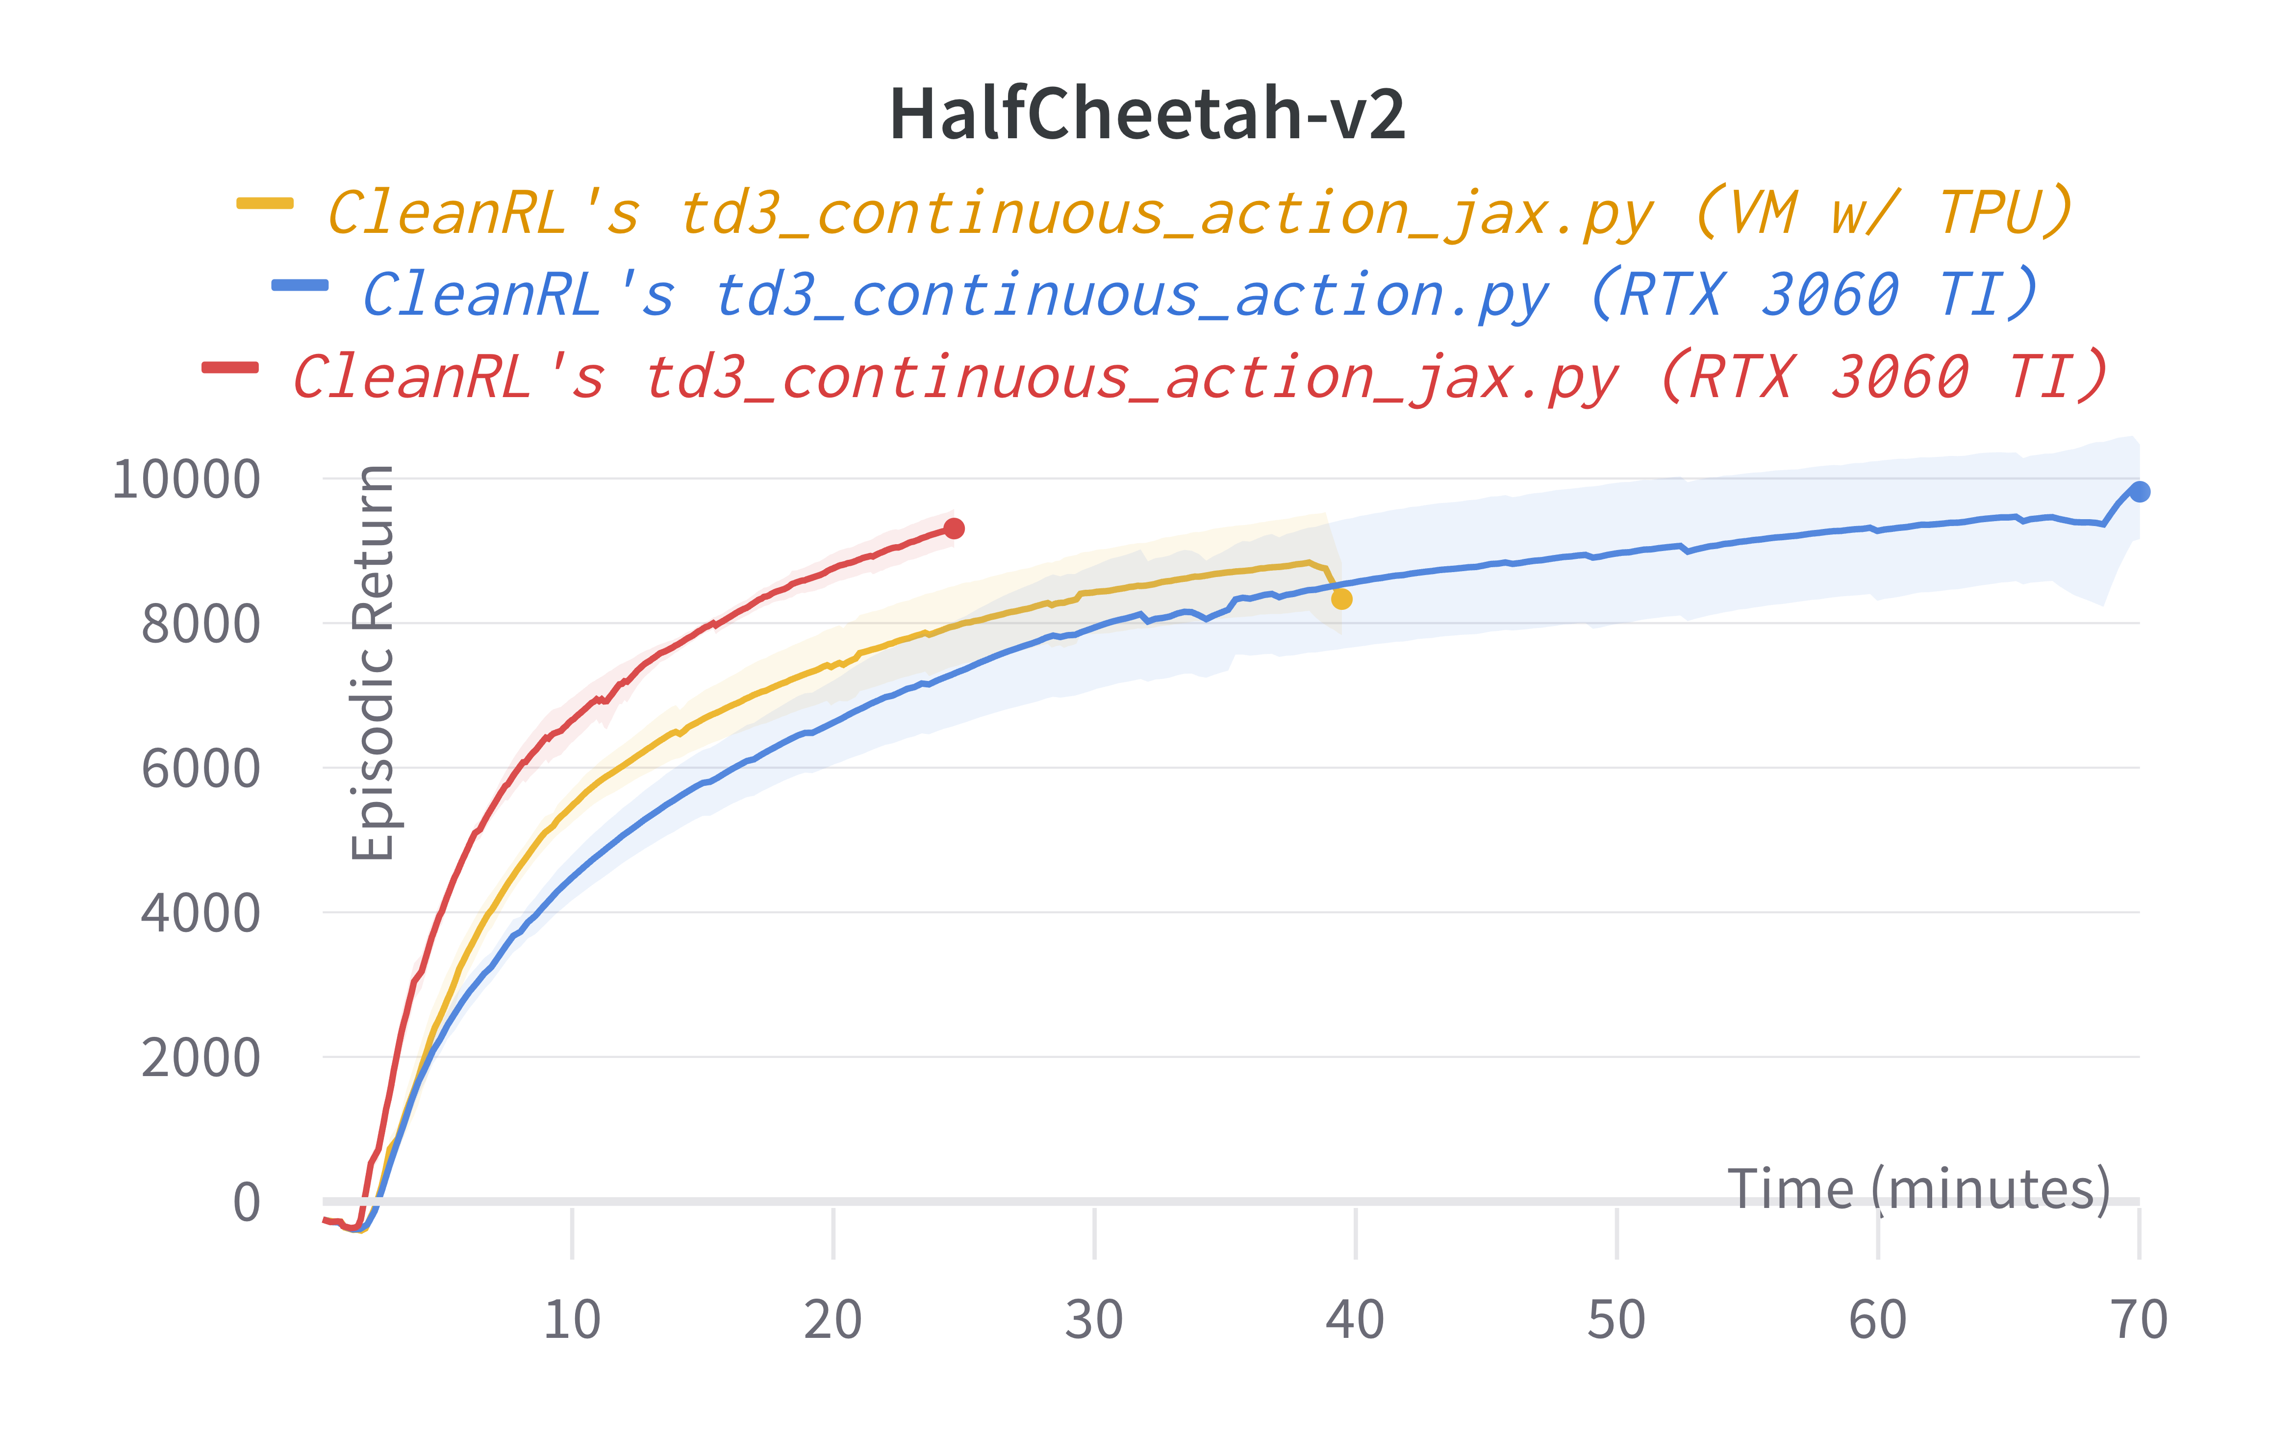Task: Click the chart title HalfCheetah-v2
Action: pyautogui.click(x=1147, y=115)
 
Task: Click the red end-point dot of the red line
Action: pyautogui.click(x=954, y=528)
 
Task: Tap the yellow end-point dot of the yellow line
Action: pyautogui.click(x=1341, y=599)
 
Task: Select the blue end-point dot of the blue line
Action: pyautogui.click(x=2139, y=492)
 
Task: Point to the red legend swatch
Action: pyautogui.click(x=229, y=368)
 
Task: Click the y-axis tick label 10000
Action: pyautogui.click(x=186, y=479)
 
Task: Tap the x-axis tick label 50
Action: pyautogui.click(x=1616, y=1319)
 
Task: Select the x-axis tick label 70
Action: pyautogui.click(x=2139, y=1319)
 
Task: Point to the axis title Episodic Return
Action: pyautogui.click(x=372, y=663)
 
